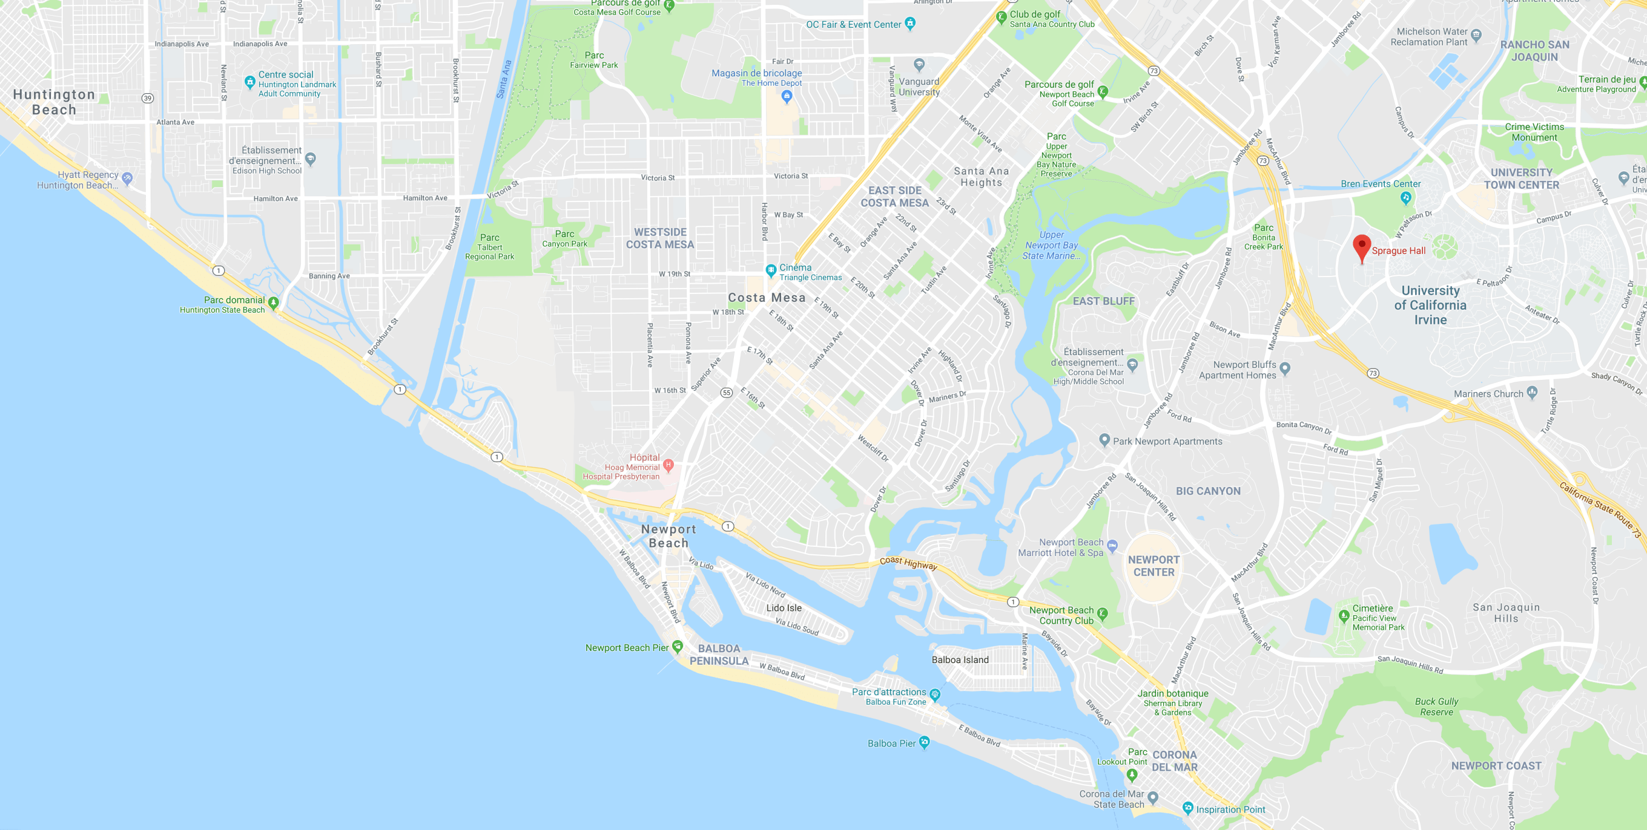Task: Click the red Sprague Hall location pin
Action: coord(1362,247)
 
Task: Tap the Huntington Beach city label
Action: coord(54,102)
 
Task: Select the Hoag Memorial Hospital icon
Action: coord(668,465)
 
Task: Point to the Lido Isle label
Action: coord(784,607)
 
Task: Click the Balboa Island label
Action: coord(960,659)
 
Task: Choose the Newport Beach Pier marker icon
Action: coord(678,646)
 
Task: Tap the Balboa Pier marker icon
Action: coord(924,742)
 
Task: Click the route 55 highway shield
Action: coord(727,393)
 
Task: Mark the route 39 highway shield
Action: coord(148,99)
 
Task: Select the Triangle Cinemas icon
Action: coord(771,270)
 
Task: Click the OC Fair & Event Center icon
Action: coord(910,24)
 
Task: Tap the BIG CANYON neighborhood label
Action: coord(1208,491)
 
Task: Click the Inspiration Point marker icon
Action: coord(1187,808)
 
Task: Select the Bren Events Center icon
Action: coord(1405,198)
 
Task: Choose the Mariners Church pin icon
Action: coord(1532,393)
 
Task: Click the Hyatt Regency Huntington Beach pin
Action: coord(127,178)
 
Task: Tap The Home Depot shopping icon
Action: coord(787,96)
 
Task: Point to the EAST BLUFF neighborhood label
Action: coord(1103,301)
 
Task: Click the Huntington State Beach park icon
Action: coord(274,302)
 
